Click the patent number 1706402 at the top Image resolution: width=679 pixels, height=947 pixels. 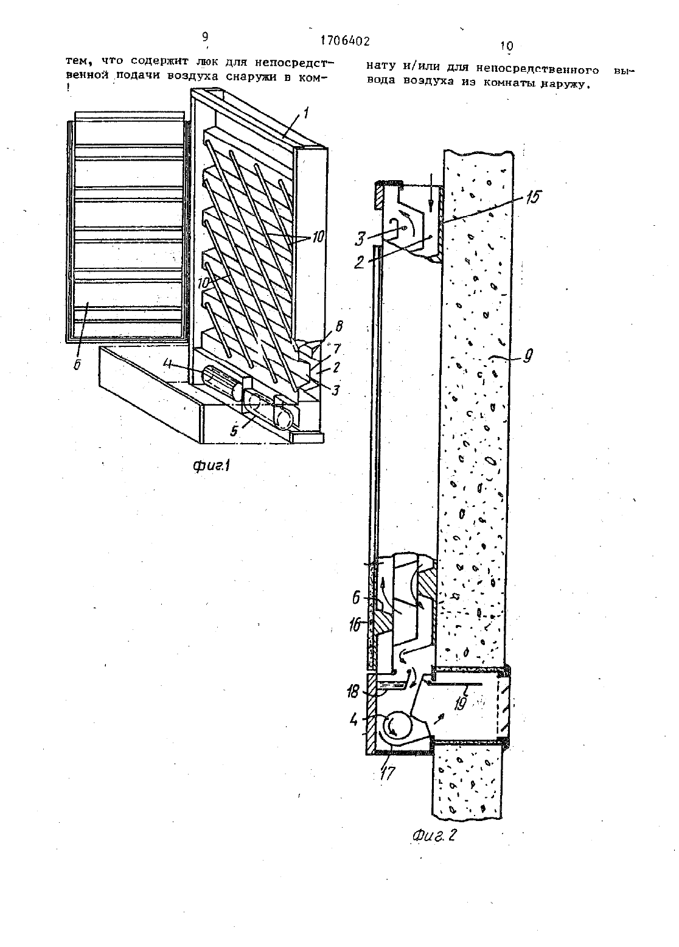344,41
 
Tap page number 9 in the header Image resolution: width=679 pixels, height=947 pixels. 206,37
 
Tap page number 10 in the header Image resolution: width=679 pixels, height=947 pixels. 506,46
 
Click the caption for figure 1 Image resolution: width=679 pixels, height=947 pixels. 211,466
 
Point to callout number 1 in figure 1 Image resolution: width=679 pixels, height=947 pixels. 306,113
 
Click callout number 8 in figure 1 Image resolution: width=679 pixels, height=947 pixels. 339,326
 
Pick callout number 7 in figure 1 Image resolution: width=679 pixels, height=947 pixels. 336,349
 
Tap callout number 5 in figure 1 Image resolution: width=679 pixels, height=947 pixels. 234,430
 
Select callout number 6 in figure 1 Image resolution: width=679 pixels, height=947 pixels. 77,365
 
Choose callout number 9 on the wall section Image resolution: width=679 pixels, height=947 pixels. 528,355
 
